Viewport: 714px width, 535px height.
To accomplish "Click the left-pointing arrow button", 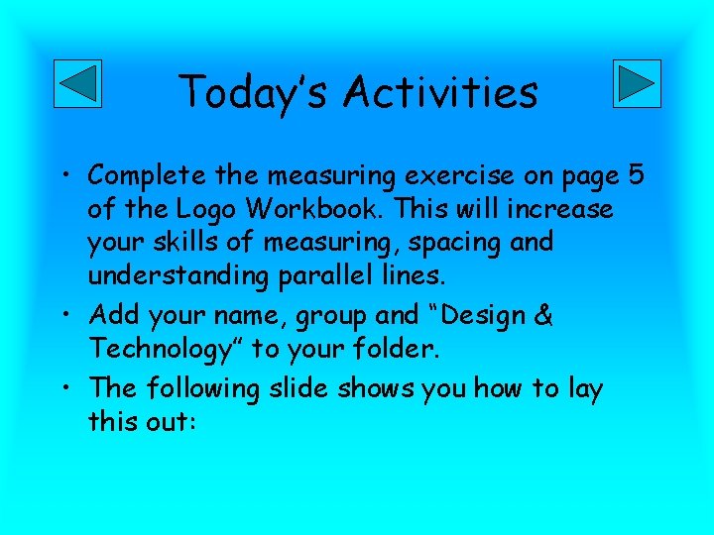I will pos(76,83).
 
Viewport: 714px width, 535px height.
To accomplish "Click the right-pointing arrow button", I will pos(637,83).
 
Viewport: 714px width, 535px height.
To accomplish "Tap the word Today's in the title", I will pos(254,93).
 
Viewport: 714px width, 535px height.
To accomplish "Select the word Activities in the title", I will pos(440,93).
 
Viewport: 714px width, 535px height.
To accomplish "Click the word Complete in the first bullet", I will pos(147,175).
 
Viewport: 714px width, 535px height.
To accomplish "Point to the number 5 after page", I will pos(637,175).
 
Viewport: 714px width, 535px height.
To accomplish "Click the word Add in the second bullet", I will pos(111,316).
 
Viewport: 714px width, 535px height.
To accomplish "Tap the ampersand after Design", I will pos(543,316).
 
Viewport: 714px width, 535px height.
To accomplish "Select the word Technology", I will pos(167,349).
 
